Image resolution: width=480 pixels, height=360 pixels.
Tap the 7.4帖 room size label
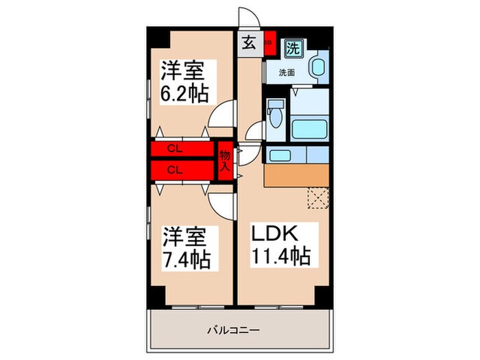click(x=186, y=260)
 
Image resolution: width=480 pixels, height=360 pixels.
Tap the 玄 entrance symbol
click(x=249, y=44)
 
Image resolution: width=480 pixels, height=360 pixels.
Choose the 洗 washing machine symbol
click(x=293, y=49)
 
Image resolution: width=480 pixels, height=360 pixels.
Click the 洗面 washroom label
click(x=287, y=71)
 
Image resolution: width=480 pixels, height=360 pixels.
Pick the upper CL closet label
click(x=175, y=148)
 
